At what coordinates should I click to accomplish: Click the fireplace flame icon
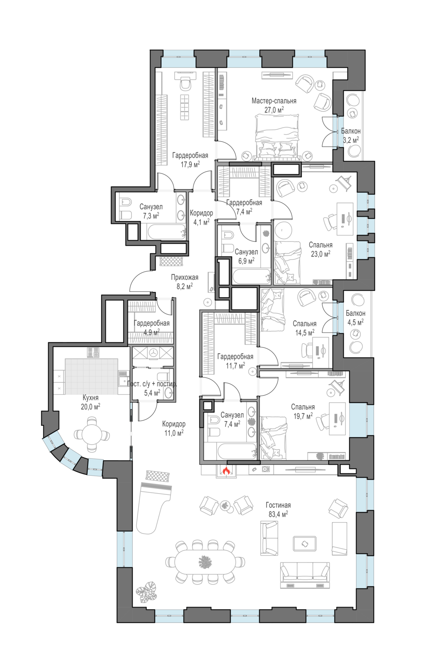point(226,470)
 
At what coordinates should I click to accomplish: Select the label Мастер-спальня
point(274,101)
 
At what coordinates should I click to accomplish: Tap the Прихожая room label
point(184,277)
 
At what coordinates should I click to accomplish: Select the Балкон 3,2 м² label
point(351,136)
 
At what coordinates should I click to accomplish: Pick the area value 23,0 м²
point(320,254)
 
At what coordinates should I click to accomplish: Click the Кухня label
point(90,398)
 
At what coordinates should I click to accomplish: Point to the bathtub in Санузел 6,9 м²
point(251,276)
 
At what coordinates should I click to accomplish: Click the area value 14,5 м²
point(305,333)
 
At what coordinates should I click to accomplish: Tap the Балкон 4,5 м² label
point(355,318)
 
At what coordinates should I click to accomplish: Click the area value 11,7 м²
point(235,366)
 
